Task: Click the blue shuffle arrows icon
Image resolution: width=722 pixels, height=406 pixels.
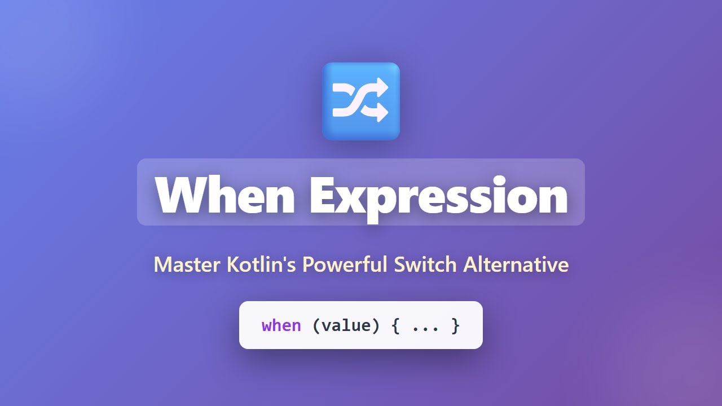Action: coord(361,101)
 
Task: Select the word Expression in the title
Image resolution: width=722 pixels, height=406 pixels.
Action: coord(438,196)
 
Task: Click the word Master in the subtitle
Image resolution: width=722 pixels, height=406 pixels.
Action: coord(187,264)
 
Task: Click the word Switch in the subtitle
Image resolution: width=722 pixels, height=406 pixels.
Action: coord(426,264)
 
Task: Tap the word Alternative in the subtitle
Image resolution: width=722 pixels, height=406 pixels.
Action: coord(516,264)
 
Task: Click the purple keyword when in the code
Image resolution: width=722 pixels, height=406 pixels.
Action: coord(281,325)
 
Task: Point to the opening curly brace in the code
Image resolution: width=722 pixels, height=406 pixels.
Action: coord(395,325)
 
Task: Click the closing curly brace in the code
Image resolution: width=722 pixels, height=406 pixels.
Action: coord(455,325)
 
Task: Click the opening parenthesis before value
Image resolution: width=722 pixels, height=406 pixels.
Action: coord(316,325)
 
